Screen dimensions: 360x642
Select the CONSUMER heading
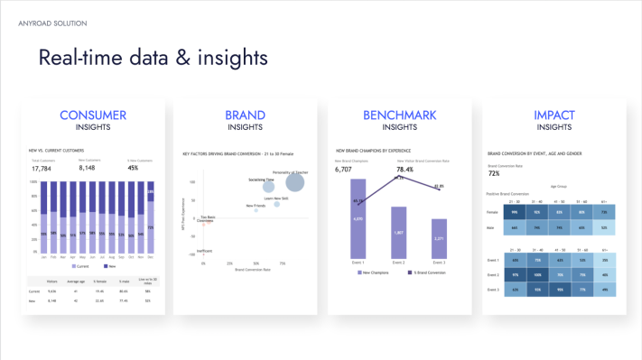pyautogui.click(x=93, y=115)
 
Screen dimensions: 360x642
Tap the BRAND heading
pyautogui.click(x=246, y=115)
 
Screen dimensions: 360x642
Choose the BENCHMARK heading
pyautogui.click(x=399, y=115)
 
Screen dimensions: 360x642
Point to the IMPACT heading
pyautogui.click(x=554, y=115)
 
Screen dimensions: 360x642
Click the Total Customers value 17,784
pyautogui.click(x=42, y=168)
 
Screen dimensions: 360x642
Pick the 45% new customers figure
pyautogui.click(x=133, y=168)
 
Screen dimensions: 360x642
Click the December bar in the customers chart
pyautogui.click(x=151, y=217)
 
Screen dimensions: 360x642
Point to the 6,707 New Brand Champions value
pyautogui.click(x=343, y=169)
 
